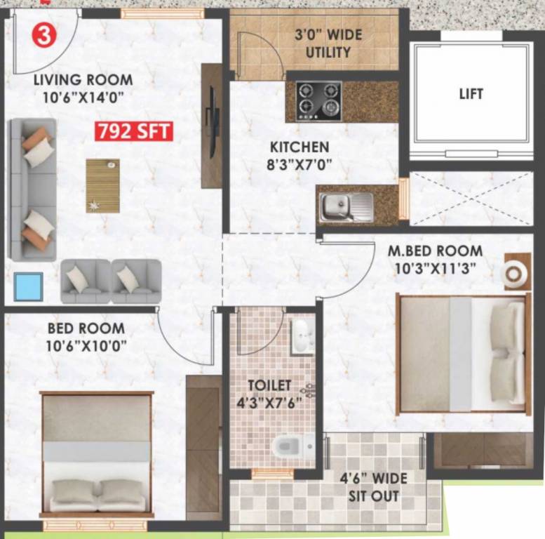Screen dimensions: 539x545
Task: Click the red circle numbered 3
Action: (44, 35)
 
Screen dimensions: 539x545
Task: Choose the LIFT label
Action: (471, 93)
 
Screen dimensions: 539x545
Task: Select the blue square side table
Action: (29, 286)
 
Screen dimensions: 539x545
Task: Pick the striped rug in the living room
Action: (102, 185)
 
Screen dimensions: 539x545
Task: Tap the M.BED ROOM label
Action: (436, 251)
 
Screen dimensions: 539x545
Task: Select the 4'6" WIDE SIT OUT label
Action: (374, 487)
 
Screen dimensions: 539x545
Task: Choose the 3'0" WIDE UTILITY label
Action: (322, 43)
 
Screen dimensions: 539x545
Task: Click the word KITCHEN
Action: (300, 147)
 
